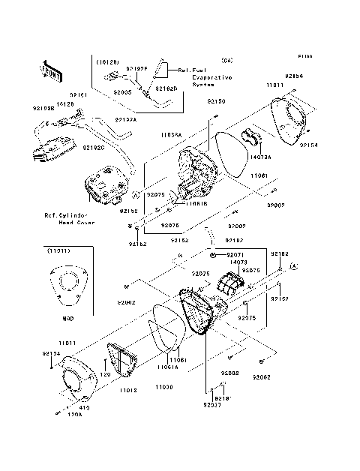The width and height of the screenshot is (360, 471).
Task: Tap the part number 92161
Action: tap(79, 95)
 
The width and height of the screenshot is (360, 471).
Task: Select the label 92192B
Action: tap(43, 109)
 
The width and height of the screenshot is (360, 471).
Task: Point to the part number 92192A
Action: tap(125, 119)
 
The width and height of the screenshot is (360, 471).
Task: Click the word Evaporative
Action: tap(212, 77)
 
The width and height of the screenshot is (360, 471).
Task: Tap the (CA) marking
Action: tap(227, 59)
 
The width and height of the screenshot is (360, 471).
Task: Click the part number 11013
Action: tap(128, 391)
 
